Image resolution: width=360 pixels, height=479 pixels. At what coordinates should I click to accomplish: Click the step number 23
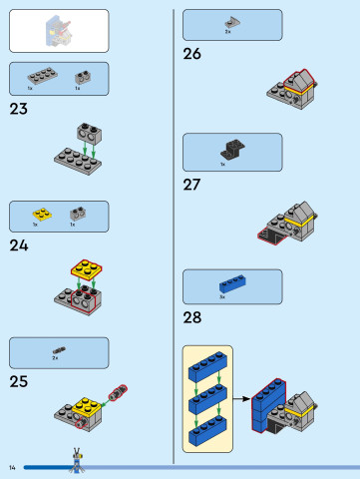[x=18, y=109]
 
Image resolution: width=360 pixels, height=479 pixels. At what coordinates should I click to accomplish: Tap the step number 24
[x=19, y=244]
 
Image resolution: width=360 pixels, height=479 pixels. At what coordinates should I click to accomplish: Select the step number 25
[x=19, y=381]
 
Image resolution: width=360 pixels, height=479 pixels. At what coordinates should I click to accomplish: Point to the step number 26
[x=192, y=54]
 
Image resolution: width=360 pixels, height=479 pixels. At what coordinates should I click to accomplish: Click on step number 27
[x=192, y=184]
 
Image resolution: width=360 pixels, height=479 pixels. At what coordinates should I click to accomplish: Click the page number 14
[x=13, y=467]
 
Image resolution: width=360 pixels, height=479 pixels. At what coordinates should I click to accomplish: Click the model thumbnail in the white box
[x=58, y=29]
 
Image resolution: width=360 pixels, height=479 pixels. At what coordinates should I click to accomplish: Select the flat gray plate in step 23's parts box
[x=42, y=76]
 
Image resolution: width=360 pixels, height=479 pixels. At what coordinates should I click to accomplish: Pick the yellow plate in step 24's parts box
[x=41, y=213]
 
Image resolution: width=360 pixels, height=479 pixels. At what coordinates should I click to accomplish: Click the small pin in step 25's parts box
[x=58, y=350]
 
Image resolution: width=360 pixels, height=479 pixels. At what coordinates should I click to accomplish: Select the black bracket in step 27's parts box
[x=231, y=150]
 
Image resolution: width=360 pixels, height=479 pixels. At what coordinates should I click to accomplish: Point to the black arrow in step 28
[x=241, y=399]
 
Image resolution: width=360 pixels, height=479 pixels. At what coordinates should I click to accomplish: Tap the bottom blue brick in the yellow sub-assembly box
[x=207, y=432]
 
